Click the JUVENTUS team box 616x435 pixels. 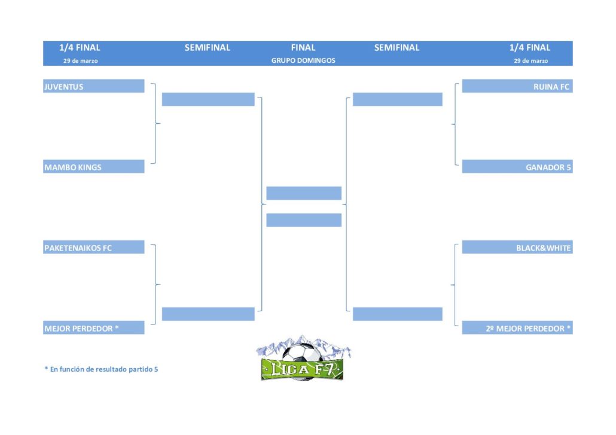pyautogui.click(x=93, y=86)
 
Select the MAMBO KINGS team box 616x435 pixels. pyautogui.click(x=93, y=167)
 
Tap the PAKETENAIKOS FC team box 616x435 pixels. pyautogui.click(x=93, y=247)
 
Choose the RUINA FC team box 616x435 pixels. pyautogui.click(x=517, y=86)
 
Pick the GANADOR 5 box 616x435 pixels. pyautogui.click(x=517, y=167)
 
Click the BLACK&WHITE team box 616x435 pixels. pyautogui.click(x=517, y=247)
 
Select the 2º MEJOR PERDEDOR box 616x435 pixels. pyautogui.click(x=517, y=327)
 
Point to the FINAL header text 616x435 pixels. pyautogui.click(x=303, y=48)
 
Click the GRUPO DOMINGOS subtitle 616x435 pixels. pyautogui.click(x=303, y=60)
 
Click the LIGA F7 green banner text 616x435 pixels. pyautogui.click(x=302, y=369)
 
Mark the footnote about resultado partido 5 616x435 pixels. pyautogui.click(x=101, y=369)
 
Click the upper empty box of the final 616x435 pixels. pyautogui.click(x=304, y=193)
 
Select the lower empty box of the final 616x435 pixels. pyautogui.click(x=304, y=220)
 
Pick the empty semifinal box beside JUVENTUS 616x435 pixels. pyautogui.click(x=208, y=99)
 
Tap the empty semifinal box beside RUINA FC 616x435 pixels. pyautogui.click(x=398, y=99)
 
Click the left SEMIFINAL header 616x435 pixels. pyautogui.click(x=208, y=48)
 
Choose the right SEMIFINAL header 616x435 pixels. pyautogui.click(x=397, y=48)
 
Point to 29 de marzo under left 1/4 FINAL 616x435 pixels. pyautogui.click(x=81, y=61)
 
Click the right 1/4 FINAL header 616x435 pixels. pyautogui.click(x=530, y=48)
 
